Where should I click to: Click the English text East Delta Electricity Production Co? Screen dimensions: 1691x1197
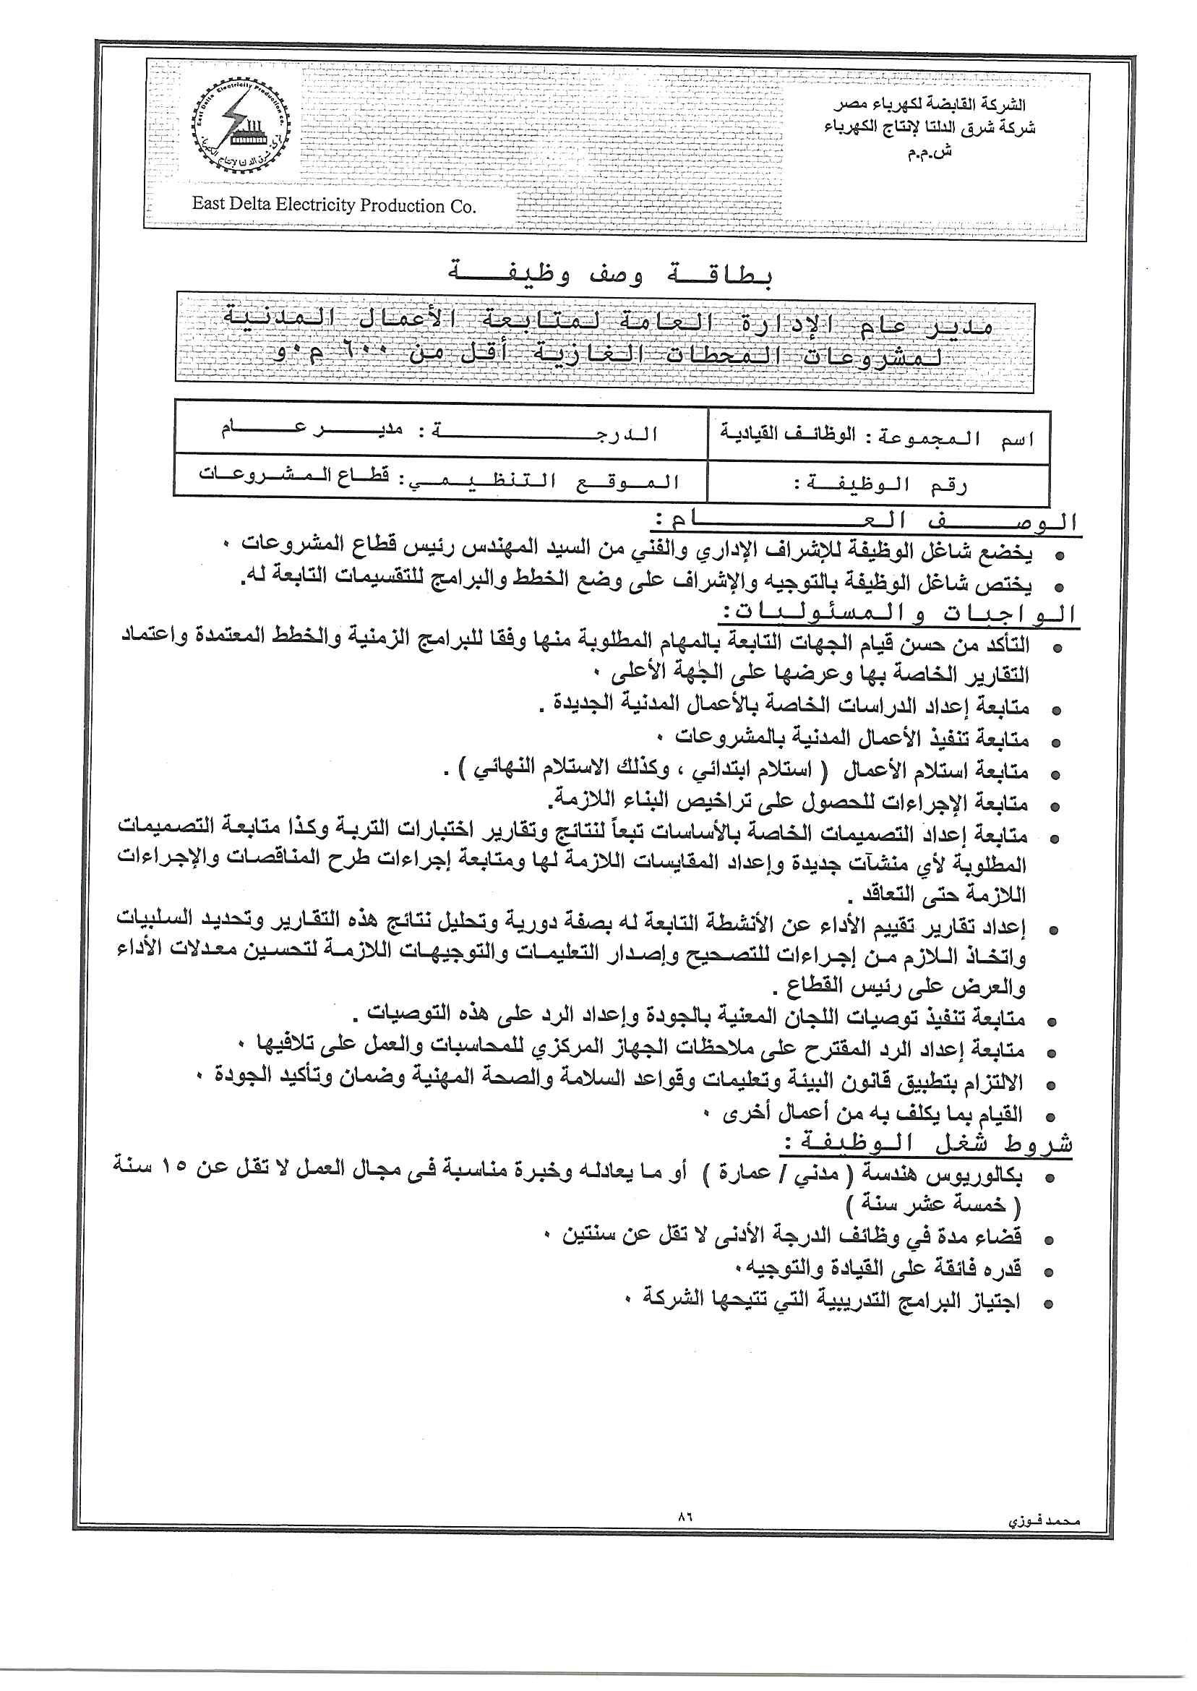click(334, 204)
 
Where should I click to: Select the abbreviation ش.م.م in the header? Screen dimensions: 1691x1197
click(930, 152)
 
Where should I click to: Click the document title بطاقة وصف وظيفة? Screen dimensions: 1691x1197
click(610, 274)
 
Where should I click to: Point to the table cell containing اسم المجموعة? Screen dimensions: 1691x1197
click(878, 437)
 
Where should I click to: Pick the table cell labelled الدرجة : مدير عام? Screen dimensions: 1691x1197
click(439, 432)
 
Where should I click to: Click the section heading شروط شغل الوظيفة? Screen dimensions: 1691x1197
click(925, 1144)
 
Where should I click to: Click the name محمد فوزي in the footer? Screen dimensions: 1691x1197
click(1043, 1520)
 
